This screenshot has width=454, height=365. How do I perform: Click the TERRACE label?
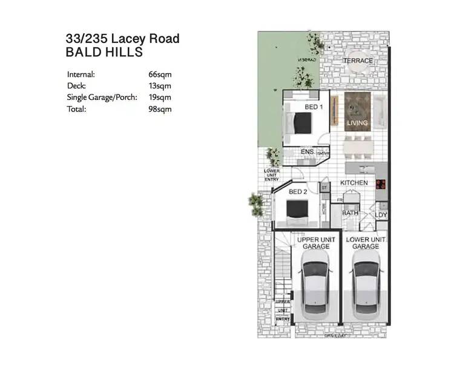358,61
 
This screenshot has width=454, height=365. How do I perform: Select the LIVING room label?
357,123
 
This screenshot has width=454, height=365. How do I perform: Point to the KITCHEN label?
354,182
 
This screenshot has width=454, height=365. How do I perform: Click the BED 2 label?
298,192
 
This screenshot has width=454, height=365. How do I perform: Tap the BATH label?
350,213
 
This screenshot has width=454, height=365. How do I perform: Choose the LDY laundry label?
381,215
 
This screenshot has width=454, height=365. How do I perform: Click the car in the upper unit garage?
315,284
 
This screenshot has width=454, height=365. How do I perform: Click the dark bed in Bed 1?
301,125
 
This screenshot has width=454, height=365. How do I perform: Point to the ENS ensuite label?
307,153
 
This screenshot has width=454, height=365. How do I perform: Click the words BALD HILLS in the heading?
104,52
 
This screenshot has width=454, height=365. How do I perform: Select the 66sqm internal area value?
160,74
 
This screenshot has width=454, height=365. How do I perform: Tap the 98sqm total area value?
160,109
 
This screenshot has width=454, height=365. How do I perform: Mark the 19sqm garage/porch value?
160,97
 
